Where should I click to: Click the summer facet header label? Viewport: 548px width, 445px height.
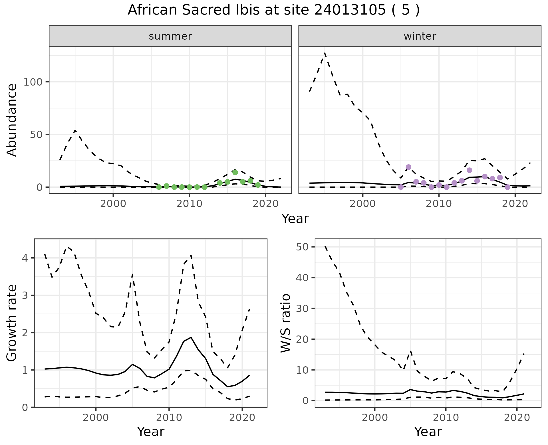pyautogui.click(x=170, y=36)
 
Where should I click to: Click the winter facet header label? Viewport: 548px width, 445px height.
pyautogui.click(x=420, y=36)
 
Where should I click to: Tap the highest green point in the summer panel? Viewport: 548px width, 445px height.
pyautogui.click(x=235, y=172)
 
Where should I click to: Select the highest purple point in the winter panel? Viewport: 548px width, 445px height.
pyautogui.click(x=408, y=167)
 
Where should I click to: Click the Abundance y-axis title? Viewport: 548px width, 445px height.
pyautogui.click(x=12, y=120)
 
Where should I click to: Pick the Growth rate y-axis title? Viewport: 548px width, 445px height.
pyautogui.click(x=12, y=323)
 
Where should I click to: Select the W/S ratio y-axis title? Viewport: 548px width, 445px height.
pyautogui.click(x=285, y=323)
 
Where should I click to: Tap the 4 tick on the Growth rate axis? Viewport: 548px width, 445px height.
pyautogui.click(x=25, y=258)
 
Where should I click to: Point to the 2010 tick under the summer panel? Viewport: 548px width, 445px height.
pyautogui.click(x=189, y=204)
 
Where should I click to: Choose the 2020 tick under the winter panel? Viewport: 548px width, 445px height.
pyautogui.click(x=515, y=204)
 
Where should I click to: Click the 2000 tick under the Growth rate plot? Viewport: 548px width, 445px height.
pyautogui.click(x=96, y=418)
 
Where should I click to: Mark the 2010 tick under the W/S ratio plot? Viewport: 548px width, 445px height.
pyautogui.click(x=446, y=418)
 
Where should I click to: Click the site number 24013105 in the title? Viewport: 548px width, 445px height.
pyautogui.click(x=354, y=10)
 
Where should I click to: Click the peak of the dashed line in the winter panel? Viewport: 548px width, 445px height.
pyautogui.click(x=325, y=53)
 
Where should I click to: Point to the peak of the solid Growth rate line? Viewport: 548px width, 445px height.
pyautogui.click(x=191, y=337)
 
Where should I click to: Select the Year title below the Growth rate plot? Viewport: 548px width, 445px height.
pyautogui.click(x=151, y=432)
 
